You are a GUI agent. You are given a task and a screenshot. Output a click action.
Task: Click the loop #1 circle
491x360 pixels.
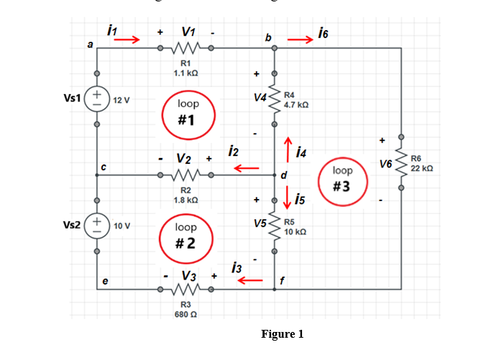click(x=187, y=116)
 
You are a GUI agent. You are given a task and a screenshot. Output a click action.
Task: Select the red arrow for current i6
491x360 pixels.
click(x=300, y=40)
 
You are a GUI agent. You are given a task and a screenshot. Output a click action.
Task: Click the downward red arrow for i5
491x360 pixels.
click(x=288, y=197)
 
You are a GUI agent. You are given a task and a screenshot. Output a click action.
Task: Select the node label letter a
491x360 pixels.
click(x=90, y=45)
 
